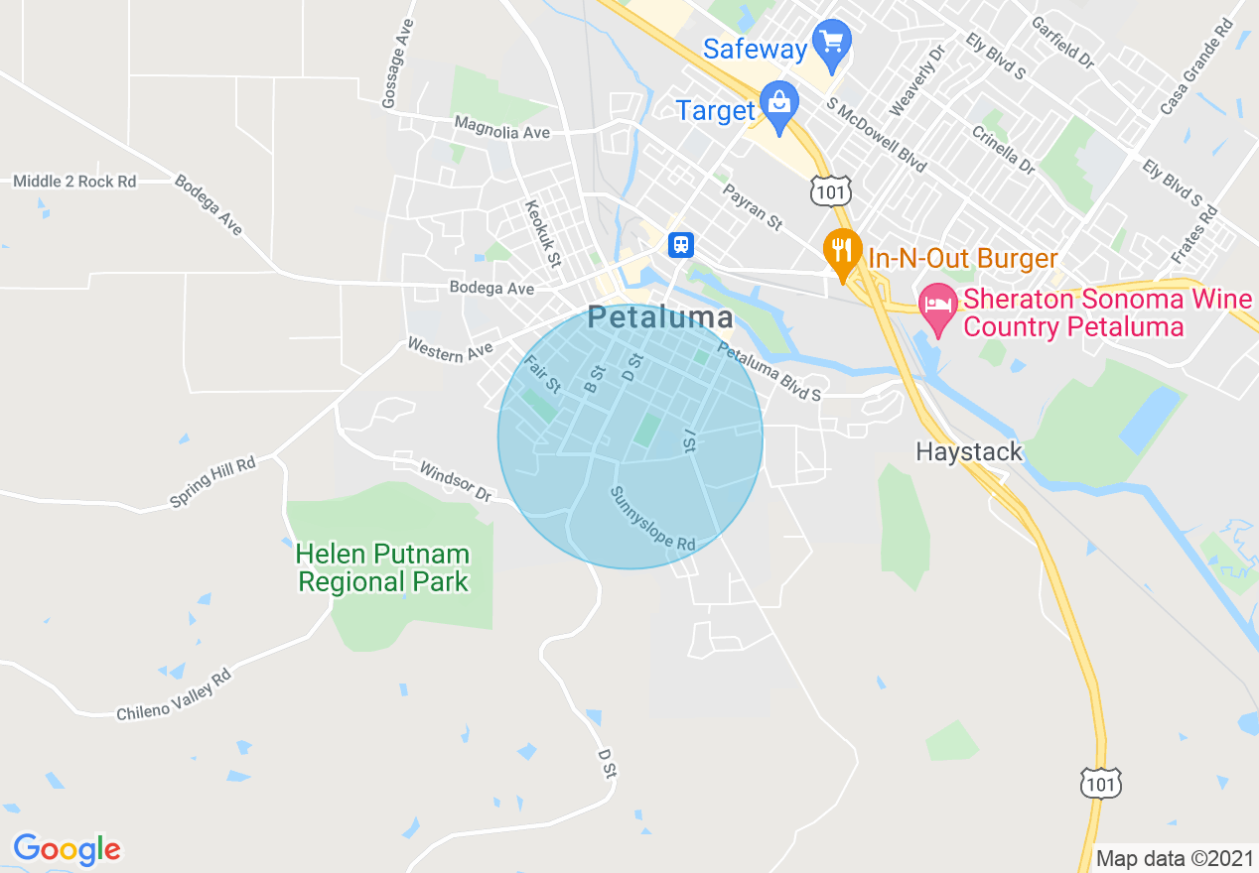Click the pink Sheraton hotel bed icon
click(x=938, y=302)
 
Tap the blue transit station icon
click(x=680, y=244)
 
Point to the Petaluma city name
click(x=660, y=317)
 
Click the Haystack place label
click(x=968, y=452)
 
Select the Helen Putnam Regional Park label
click(x=383, y=567)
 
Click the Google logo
click(x=67, y=849)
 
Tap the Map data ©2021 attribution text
click(x=1173, y=858)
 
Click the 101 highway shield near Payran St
click(x=829, y=191)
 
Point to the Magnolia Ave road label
click(x=501, y=128)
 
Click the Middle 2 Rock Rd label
click(x=74, y=182)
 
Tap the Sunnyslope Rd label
click(x=652, y=519)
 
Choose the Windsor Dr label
click(x=455, y=480)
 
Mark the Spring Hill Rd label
click(x=212, y=482)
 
